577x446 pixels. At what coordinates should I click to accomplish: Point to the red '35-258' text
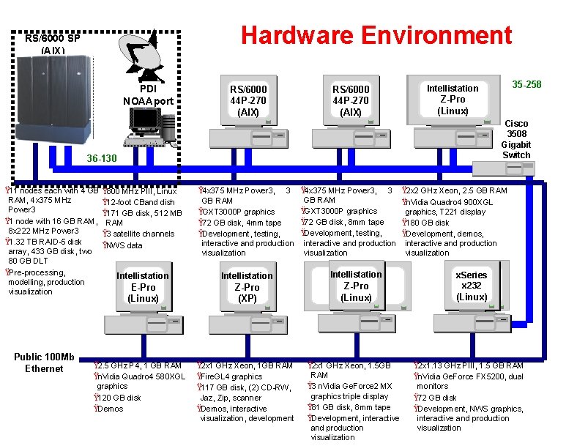[x=526, y=84]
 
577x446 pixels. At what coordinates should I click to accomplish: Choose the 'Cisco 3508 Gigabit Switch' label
[x=515, y=139]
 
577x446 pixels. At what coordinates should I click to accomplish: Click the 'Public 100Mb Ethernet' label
[x=44, y=363]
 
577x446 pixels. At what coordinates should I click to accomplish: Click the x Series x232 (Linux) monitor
[x=471, y=286]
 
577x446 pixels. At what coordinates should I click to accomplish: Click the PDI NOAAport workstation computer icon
[x=147, y=124]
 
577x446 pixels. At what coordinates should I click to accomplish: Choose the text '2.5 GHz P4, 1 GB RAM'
[x=139, y=365]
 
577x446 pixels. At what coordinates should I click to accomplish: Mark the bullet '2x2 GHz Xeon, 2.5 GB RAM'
[x=458, y=191]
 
